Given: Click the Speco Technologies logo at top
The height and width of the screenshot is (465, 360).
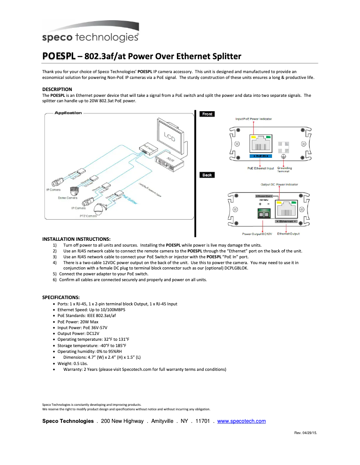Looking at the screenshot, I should tap(90, 37).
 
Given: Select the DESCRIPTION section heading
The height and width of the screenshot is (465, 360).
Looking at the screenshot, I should tap(57, 89).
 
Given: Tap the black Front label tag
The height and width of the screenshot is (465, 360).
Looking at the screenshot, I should tap(207, 114).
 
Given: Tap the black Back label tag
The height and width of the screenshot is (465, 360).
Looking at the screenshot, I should tap(207, 175).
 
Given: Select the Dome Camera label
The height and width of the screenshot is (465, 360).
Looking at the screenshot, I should tap(68, 198).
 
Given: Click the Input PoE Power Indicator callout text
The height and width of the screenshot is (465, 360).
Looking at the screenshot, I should tap(254, 119).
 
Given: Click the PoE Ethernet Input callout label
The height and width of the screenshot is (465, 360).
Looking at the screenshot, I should tap(261, 168).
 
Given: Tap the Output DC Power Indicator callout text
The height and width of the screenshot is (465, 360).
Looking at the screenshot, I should tap(279, 184).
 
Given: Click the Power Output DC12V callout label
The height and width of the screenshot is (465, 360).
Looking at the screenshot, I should tap(257, 234).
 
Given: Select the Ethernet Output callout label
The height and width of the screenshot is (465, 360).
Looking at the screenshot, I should tap(288, 234).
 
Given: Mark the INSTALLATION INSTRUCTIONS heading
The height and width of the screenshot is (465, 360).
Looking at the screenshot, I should tap(76, 239).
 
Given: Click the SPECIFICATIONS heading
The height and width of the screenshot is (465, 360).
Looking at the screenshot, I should tap(61, 297).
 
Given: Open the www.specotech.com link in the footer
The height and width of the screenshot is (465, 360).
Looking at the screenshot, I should tap(241, 421).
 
